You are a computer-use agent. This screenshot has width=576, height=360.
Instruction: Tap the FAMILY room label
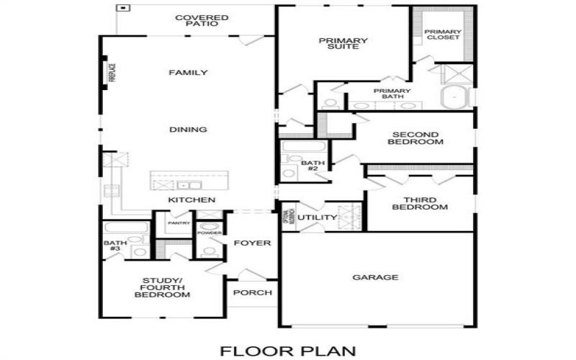189,73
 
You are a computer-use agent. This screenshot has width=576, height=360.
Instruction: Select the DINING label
189,130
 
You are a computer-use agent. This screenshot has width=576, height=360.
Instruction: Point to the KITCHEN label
192,199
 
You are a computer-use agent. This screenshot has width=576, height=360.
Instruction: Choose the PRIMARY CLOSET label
443,35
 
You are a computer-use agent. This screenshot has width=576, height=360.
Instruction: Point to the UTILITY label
317,217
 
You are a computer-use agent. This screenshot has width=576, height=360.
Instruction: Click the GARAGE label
375,277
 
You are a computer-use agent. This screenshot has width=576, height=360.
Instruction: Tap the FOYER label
252,243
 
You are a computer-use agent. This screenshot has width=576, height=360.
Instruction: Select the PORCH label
253,292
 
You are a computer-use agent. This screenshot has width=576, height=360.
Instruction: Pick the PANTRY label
179,223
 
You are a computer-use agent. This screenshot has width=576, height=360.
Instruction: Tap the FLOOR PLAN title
288,351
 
